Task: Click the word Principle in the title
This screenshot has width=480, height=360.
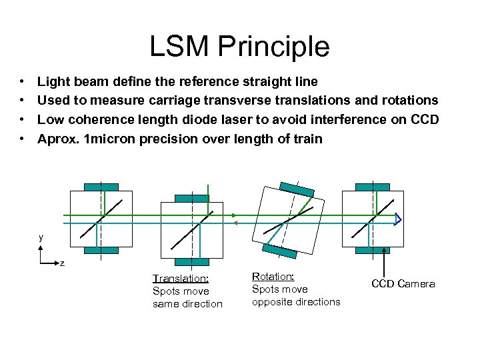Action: tap(279, 47)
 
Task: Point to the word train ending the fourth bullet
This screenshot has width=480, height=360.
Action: tap(307, 139)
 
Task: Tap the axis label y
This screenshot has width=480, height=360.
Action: tap(41, 237)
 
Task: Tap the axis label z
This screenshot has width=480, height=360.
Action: tap(62, 263)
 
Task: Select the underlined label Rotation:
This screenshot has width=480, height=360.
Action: tap(273, 276)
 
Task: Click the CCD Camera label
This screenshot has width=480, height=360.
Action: tap(403, 284)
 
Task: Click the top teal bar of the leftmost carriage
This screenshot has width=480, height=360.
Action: tap(101, 187)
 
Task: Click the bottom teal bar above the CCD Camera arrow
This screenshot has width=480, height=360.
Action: tap(373, 250)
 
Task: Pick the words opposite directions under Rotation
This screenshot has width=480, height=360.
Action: tap(296, 302)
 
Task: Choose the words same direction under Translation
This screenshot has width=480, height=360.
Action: tap(187, 304)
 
